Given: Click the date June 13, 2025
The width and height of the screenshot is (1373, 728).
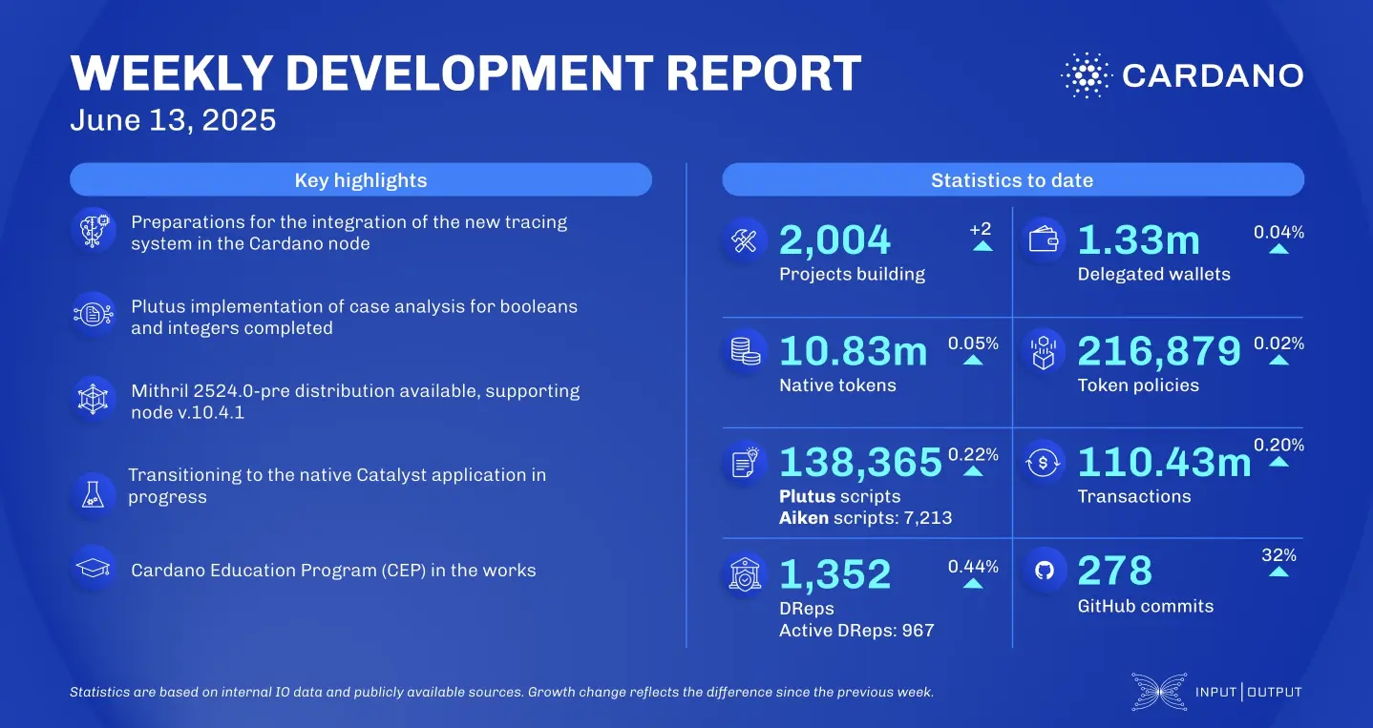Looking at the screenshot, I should pyautogui.click(x=173, y=120).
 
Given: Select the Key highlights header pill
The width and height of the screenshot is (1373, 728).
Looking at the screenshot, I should pyautogui.click(x=361, y=180).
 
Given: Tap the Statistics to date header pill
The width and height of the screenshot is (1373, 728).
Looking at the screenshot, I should pyautogui.click(x=1012, y=180).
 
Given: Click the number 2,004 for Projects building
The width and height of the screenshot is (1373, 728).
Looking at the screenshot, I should pyautogui.click(x=834, y=241).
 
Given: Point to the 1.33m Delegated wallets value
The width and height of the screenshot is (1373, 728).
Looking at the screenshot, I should pyautogui.click(x=1138, y=241).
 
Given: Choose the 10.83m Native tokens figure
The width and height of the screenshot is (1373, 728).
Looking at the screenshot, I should pyautogui.click(x=853, y=352).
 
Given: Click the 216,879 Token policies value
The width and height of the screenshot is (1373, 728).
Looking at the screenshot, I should pyautogui.click(x=1158, y=352).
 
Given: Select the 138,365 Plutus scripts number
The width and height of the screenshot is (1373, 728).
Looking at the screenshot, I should pyautogui.click(x=860, y=463).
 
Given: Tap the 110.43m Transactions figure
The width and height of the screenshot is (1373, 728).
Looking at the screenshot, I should pyautogui.click(x=1163, y=463).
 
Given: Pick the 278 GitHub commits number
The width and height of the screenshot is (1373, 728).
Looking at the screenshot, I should pyautogui.click(x=1114, y=572).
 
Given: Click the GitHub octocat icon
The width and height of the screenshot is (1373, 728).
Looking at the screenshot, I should pyautogui.click(x=1044, y=571).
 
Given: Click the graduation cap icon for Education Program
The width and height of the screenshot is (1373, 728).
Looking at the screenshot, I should pyautogui.click(x=94, y=570).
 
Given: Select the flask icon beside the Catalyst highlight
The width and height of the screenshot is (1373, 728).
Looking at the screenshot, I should pyautogui.click(x=94, y=491).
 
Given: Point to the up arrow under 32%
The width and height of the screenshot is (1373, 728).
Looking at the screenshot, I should pyautogui.click(x=1278, y=572).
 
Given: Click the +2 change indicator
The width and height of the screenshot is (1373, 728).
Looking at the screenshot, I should pyautogui.click(x=982, y=230).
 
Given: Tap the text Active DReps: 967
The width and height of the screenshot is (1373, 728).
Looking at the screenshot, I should pyautogui.click(x=855, y=631).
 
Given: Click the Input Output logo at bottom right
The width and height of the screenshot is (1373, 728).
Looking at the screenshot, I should pyautogui.click(x=1216, y=692).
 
